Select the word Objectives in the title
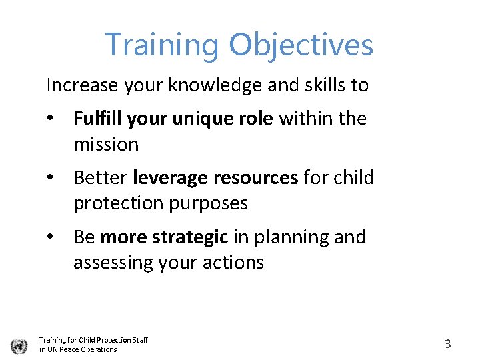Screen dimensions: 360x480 [301, 45]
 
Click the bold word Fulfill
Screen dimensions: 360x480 [98, 119]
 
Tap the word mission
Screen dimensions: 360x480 [106, 144]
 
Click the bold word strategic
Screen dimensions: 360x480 [195, 237]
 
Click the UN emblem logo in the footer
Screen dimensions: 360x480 [19, 345]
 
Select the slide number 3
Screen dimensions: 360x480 [447, 344]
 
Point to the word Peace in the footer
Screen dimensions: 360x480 [73, 349]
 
